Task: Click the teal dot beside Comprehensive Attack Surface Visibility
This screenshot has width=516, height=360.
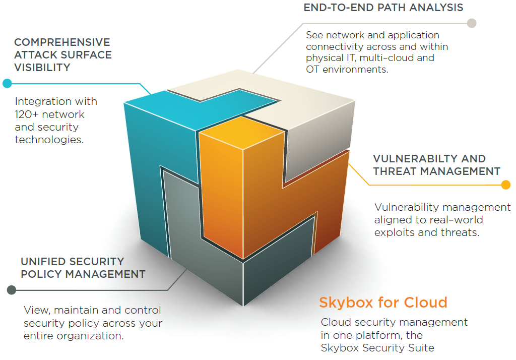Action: click(7, 83)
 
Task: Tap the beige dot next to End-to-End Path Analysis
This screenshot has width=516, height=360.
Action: click(471, 23)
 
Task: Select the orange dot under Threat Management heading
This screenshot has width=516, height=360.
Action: click(506, 185)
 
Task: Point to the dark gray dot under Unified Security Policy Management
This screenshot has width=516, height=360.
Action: click(11, 290)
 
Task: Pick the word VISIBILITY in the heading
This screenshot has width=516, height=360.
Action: click(42, 68)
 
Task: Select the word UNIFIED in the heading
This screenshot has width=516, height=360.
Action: click(42, 262)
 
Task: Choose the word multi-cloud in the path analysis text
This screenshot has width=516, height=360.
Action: click(393, 58)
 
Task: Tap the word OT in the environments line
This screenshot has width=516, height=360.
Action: click(312, 70)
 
